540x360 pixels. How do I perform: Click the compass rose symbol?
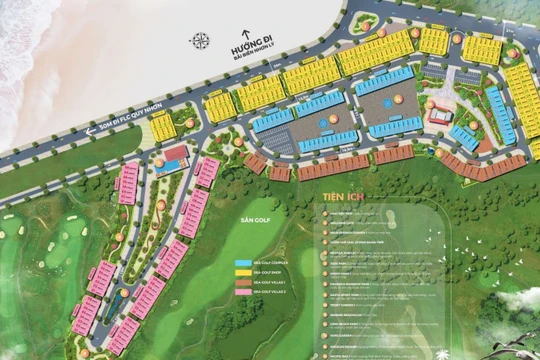tap(200, 41)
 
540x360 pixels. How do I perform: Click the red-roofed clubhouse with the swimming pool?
tap(175, 156)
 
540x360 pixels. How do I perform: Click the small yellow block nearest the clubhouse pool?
tap(163, 127)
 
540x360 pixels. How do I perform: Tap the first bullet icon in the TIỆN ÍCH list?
tap(323, 216)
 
